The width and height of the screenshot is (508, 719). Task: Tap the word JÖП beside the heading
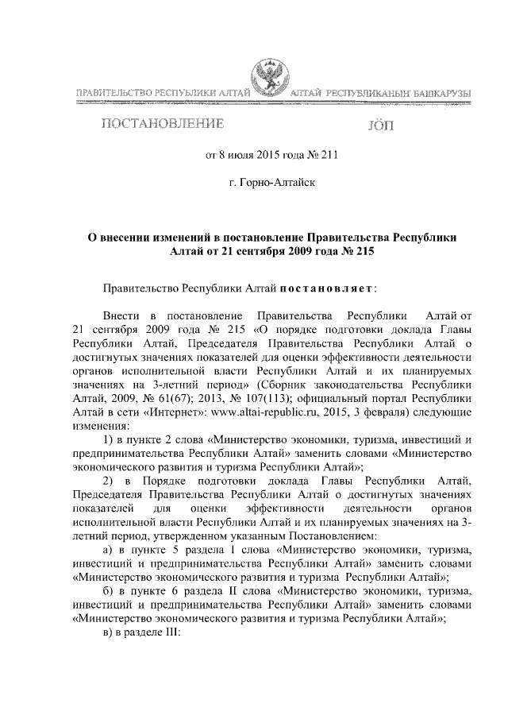pyautogui.click(x=381, y=126)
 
